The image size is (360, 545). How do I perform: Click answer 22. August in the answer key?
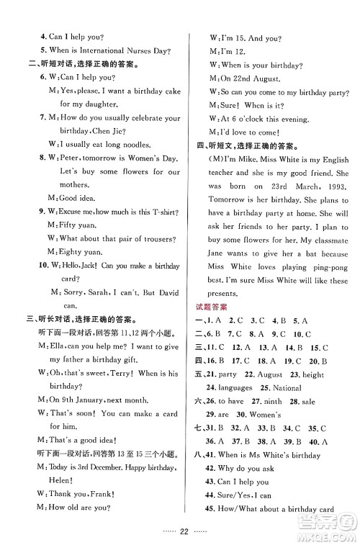tap(263, 374)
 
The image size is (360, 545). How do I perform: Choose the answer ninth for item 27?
tap(271, 402)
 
